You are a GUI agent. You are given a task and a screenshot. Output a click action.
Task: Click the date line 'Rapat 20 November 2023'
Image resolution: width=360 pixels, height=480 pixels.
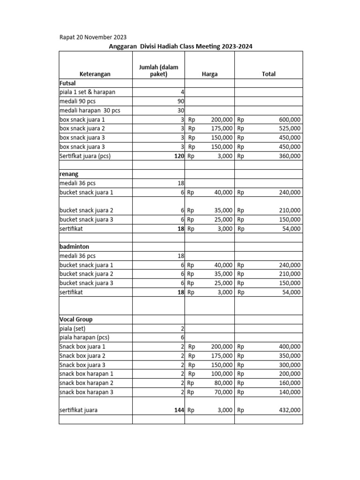[x=92, y=37]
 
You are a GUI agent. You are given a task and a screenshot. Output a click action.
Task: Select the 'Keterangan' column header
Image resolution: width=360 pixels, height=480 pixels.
[x=95, y=74]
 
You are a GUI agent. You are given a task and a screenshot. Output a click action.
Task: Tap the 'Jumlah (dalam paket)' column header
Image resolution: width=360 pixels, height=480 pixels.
[x=158, y=70]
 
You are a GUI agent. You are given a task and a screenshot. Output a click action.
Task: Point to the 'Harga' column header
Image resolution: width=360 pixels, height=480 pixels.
[x=210, y=74]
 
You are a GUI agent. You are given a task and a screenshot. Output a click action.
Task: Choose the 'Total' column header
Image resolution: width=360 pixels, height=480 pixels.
[x=269, y=74]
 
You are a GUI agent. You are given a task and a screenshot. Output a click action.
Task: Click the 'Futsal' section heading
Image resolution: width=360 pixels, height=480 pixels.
[x=68, y=83]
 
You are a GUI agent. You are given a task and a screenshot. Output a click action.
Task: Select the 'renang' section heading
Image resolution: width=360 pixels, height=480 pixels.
[x=69, y=174]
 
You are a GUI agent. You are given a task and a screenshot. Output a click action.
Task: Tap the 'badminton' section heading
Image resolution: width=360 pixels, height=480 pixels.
[x=74, y=247]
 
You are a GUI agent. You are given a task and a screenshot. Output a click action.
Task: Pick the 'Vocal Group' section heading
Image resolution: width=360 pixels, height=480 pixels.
[x=76, y=319]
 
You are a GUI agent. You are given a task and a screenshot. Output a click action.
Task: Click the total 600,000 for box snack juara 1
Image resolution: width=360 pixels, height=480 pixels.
[x=290, y=120]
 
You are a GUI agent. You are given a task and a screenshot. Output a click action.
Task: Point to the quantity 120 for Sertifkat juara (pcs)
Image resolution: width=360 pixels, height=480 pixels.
[x=178, y=156]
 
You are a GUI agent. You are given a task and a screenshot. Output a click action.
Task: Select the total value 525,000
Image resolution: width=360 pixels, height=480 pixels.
[x=290, y=128]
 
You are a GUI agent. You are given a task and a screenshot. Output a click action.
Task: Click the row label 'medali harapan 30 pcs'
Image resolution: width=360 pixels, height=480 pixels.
[x=90, y=111]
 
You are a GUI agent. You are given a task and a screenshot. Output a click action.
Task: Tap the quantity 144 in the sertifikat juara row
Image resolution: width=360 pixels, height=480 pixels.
[x=178, y=410]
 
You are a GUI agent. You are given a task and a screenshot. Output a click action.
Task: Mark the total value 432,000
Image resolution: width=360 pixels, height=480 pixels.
[x=290, y=410]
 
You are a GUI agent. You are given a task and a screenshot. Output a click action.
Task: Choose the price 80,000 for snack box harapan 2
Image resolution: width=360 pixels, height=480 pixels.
[x=222, y=383]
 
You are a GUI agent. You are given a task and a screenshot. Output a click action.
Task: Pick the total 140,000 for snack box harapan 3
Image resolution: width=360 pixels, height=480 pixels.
[x=290, y=392]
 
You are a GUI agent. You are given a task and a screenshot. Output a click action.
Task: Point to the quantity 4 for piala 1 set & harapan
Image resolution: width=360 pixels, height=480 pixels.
[x=182, y=92]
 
